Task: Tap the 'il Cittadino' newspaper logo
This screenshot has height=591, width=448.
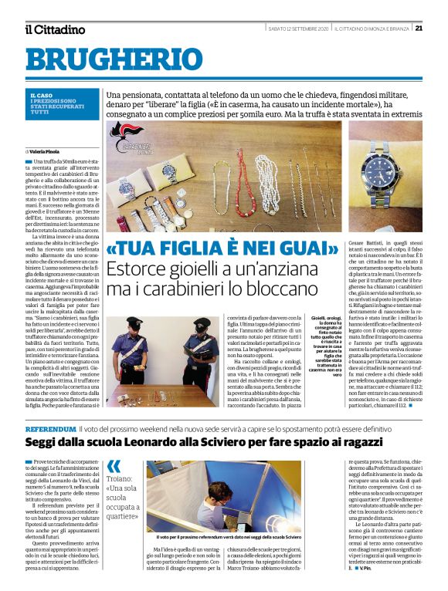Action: (54, 29)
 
